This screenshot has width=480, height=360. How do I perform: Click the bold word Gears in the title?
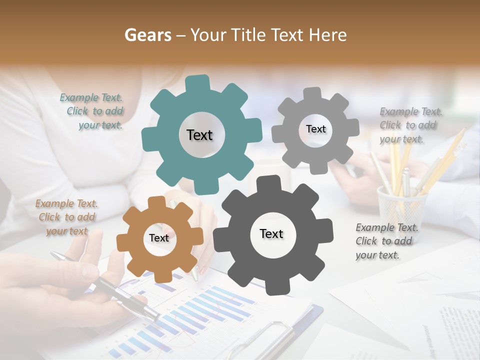pyautogui.click(x=147, y=35)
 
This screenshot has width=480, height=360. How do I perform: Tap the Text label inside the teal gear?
pyautogui.click(x=199, y=135)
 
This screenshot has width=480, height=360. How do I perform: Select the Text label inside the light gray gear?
pyautogui.click(x=315, y=129)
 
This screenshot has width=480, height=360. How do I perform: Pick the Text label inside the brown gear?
pyautogui.click(x=159, y=238)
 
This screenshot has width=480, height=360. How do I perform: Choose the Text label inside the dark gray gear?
pyautogui.click(x=271, y=233)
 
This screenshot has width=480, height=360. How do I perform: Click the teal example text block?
pyautogui.click(x=92, y=111)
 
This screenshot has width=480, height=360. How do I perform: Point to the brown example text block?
pyautogui.click(x=66, y=217)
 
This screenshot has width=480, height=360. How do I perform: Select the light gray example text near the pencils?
pyautogui.click(x=410, y=125)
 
